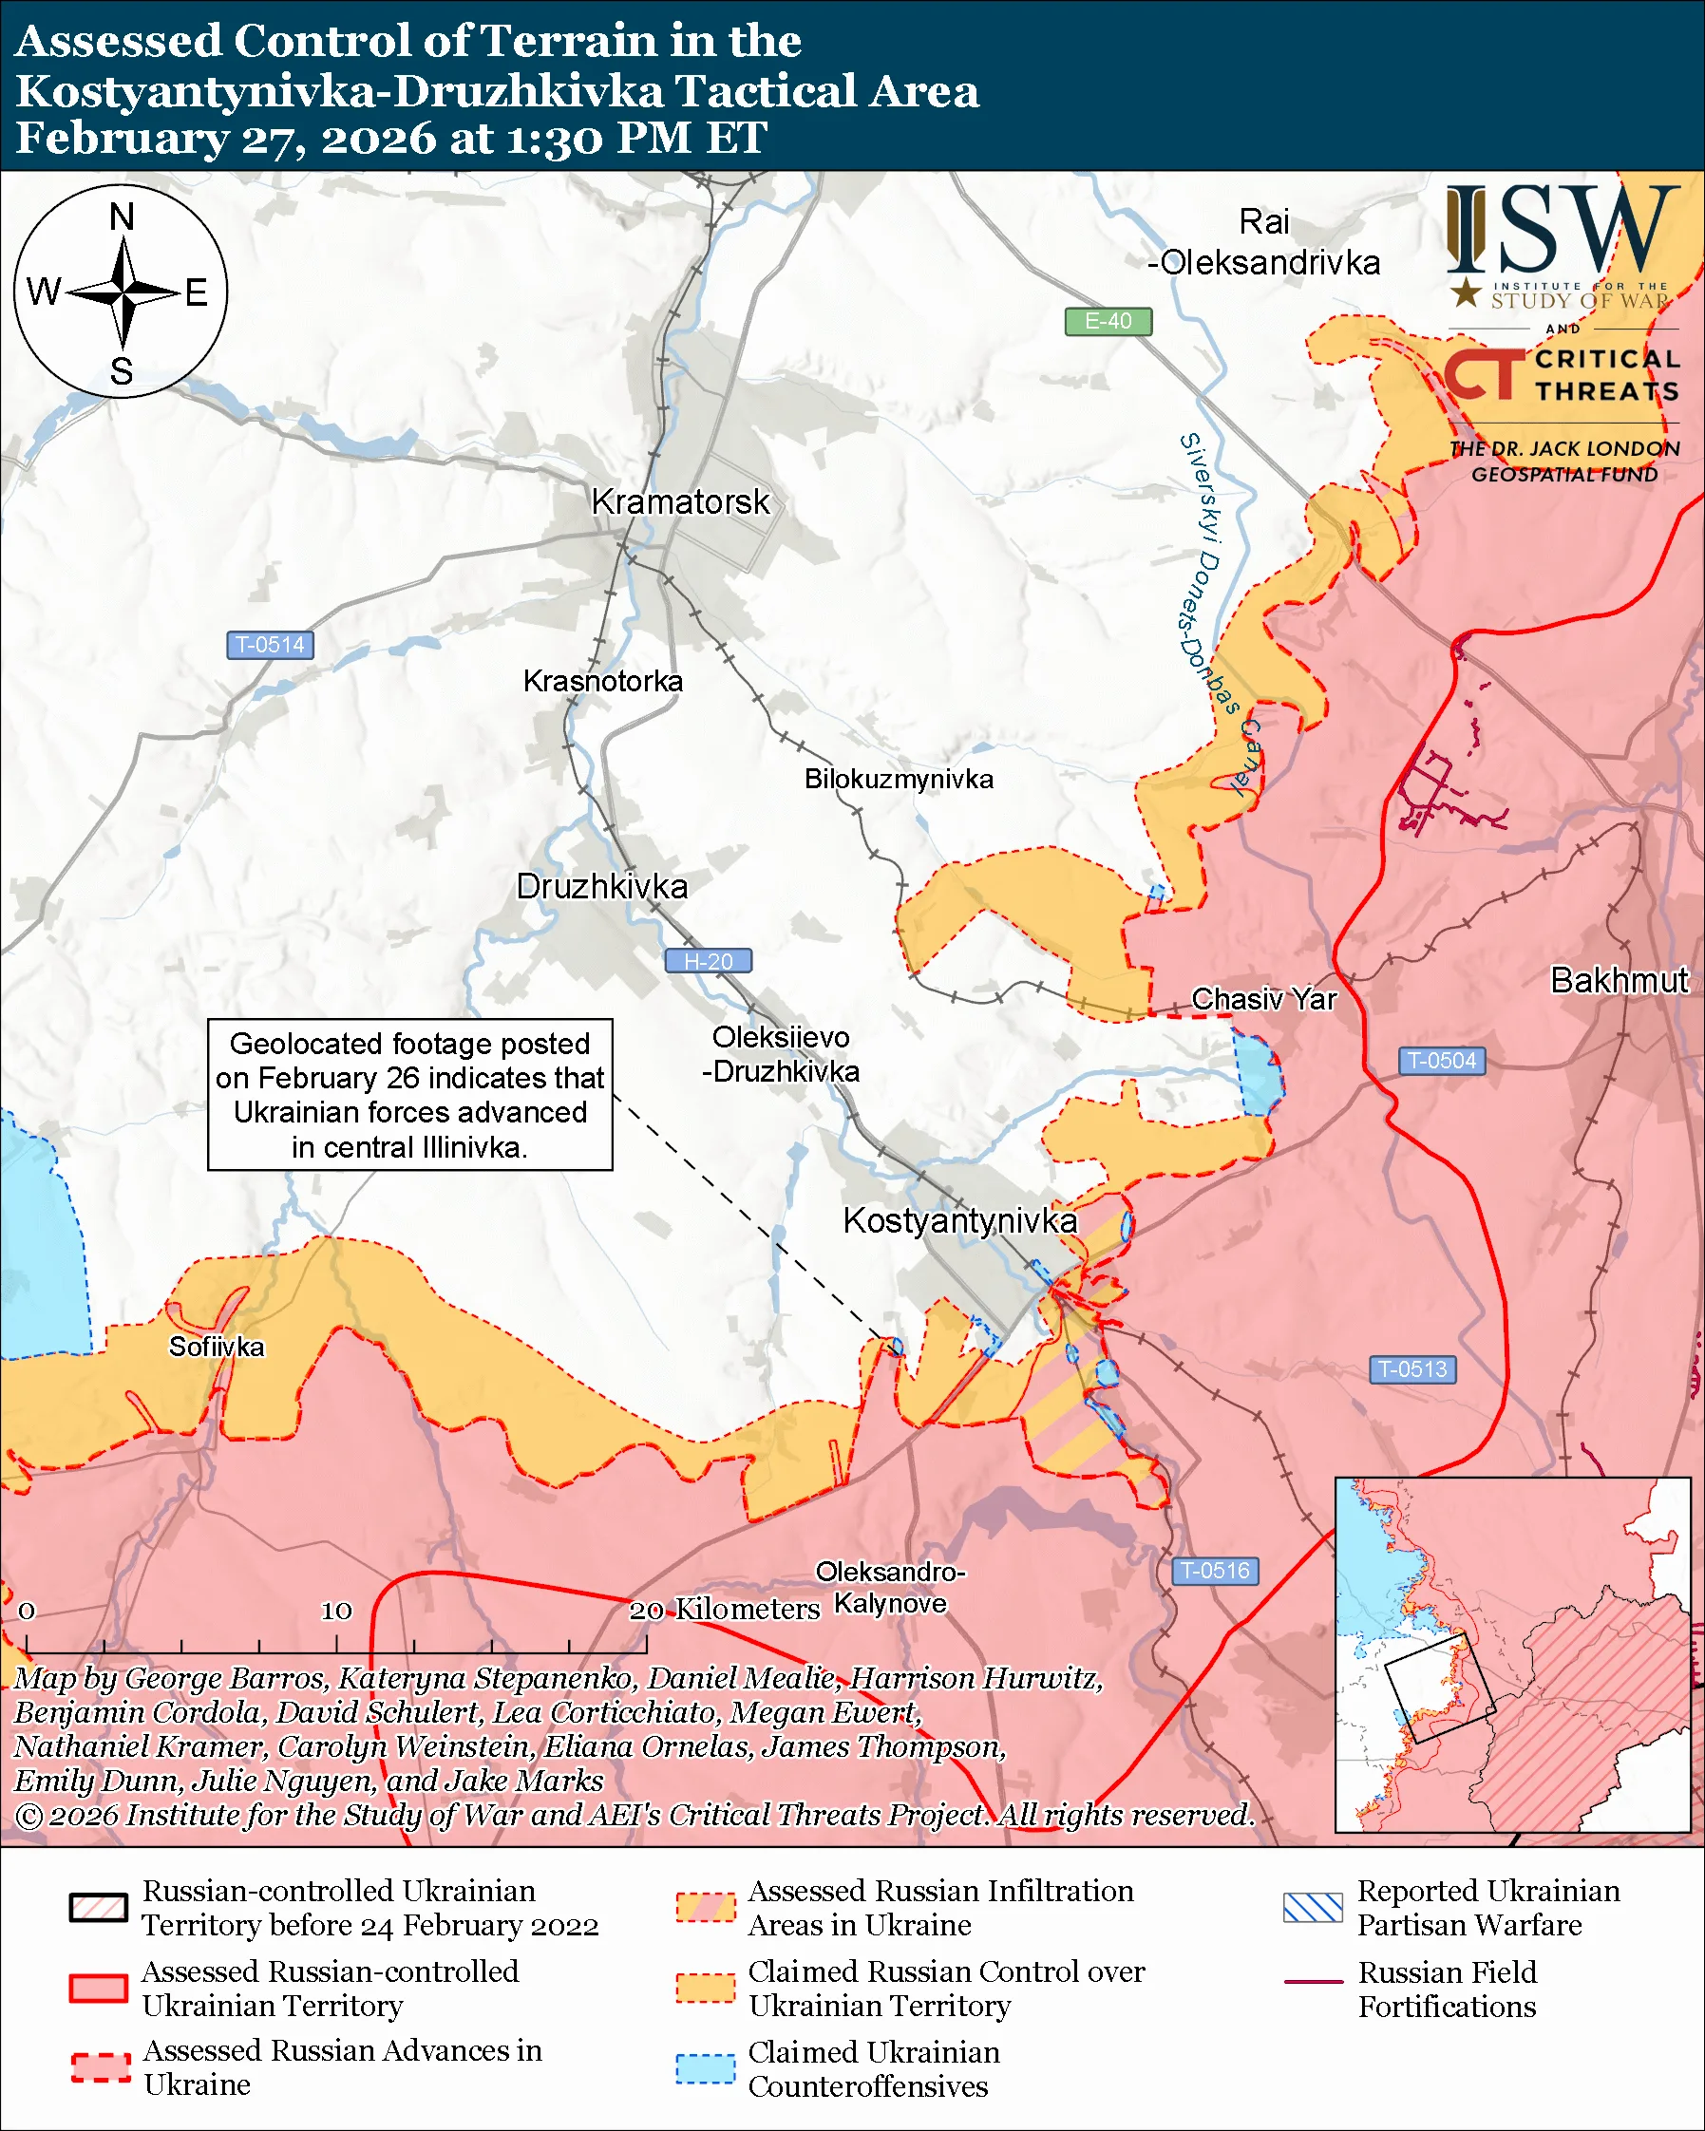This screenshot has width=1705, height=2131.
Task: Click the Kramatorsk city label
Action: (680, 501)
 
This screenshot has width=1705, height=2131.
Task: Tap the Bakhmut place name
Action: (1619, 980)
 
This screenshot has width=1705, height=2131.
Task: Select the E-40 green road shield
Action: (1107, 321)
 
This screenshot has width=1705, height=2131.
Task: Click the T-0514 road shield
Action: (270, 646)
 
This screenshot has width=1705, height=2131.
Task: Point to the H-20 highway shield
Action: (708, 961)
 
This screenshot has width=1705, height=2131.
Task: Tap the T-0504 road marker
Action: (1441, 1061)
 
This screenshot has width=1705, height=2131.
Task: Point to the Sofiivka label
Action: (217, 1347)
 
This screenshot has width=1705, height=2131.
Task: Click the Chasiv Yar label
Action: (1263, 999)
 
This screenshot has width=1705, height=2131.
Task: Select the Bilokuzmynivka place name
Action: (899, 779)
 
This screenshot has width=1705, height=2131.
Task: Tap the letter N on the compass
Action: (122, 217)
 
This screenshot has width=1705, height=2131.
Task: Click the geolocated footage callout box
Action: (409, 1094)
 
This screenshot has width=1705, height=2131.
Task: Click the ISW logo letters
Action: (1562, 233)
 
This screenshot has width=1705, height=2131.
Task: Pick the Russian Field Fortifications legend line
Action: (1313, 1982)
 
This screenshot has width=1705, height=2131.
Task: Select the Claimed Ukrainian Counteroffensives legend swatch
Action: (706, 2068)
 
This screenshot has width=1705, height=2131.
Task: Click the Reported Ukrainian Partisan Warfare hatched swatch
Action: (1313, 1907)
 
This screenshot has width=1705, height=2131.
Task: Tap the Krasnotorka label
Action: (603, 681)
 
